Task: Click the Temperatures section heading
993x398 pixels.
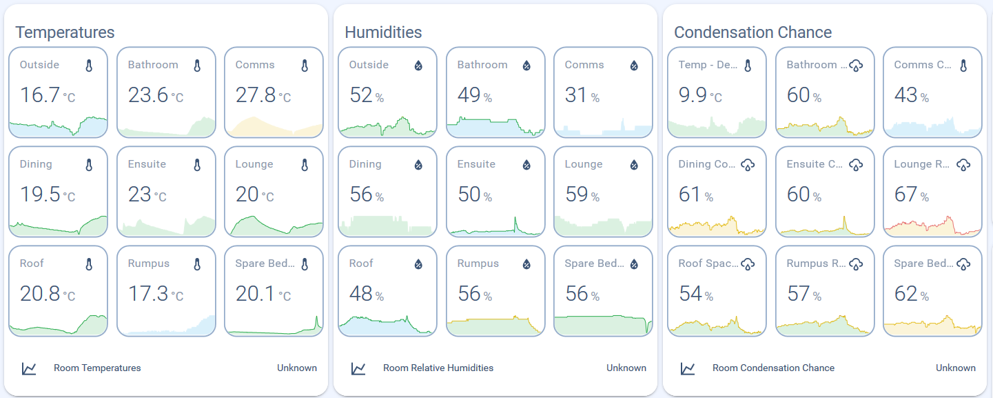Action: pos(65,32)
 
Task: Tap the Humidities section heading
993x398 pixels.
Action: pos(383,32)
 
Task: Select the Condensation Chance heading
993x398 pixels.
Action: pos(753,32)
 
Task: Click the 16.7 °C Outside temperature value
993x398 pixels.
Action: pos(48,95)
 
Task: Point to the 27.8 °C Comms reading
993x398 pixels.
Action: pos(263,95)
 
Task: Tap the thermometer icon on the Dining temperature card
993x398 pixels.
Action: pos(89,165)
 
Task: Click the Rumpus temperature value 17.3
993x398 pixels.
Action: pos(156,294)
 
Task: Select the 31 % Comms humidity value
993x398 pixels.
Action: pos(582,95)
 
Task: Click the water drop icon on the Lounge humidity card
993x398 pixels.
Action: pos(635,165)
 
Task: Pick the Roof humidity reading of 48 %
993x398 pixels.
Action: pos(367,294)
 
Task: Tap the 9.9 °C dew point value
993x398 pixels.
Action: pos(700,95)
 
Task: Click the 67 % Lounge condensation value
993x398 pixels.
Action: pos(912,195)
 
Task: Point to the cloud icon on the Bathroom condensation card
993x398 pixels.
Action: pos(856,66)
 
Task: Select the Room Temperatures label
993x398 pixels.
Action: pos(97,368)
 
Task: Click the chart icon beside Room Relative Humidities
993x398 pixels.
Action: pos(358,368)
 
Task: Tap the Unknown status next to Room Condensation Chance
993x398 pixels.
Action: pos(956,368)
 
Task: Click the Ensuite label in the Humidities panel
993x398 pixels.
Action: pos(477,164)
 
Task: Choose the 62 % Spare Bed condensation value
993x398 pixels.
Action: pos(912,294)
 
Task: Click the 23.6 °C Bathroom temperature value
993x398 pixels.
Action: pos(156,95)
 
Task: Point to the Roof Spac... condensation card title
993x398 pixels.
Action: pos(708,263)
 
